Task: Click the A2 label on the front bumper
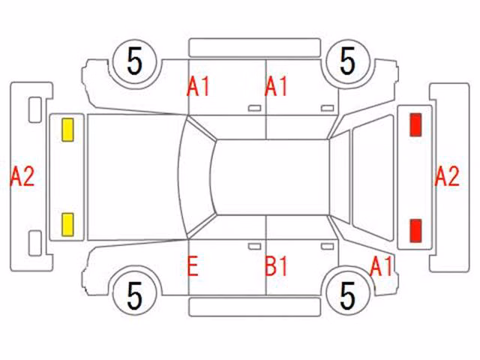22,176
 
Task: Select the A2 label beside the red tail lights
447,176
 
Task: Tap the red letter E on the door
193,267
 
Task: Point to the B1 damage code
276,266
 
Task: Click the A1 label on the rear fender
381,266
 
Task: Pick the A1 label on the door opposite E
198,86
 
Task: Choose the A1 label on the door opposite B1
276,86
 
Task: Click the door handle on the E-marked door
254,247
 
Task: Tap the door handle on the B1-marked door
327,247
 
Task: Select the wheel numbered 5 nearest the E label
135,295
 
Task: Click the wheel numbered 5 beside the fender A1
348,295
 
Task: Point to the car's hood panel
135,177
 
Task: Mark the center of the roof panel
271,177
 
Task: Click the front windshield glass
195,177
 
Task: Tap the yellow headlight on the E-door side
67,225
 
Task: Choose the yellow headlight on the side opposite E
67,130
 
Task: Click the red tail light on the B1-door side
415,231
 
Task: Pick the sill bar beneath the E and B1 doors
254,307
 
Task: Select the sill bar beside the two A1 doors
254,47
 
